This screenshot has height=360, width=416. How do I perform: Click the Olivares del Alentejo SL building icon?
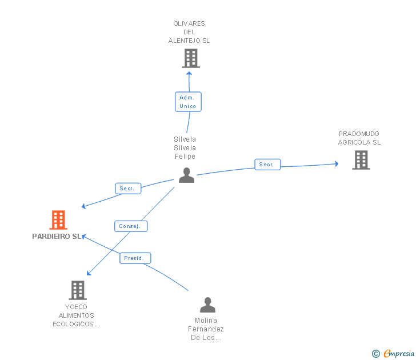[190, 58]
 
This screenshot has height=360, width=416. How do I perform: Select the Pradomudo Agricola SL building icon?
[361, 160]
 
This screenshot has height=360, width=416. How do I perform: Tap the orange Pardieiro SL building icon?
[58, 220]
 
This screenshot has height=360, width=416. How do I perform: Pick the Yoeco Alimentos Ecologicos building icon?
[78, 290]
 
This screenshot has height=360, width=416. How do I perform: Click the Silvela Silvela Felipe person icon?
[186, 175]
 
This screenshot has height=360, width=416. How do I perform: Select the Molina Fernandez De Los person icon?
[207, 305]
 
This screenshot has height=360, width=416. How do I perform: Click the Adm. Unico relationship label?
[187, 102]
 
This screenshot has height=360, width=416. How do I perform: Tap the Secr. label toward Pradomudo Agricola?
[267, 165]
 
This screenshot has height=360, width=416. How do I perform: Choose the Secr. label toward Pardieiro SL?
[127, 188]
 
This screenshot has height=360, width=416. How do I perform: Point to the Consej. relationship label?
[130, 226]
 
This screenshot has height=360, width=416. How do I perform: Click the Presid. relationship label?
[135, 258]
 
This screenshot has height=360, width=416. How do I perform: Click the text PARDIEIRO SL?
[57, 237]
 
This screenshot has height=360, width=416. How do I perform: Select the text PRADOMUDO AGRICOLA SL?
[359, 138]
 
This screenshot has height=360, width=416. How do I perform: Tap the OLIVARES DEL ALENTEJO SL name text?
[189, 32]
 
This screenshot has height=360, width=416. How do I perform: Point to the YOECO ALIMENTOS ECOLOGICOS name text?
[77, 315]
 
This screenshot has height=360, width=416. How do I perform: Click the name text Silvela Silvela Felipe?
[185, 148]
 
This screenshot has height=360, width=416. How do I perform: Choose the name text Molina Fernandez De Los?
[206, 329]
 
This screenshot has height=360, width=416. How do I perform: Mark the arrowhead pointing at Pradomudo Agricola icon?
[337, 164]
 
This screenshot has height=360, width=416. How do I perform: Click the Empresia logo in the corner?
[398, 354]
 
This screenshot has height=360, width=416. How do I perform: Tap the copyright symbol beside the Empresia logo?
[375, 354]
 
